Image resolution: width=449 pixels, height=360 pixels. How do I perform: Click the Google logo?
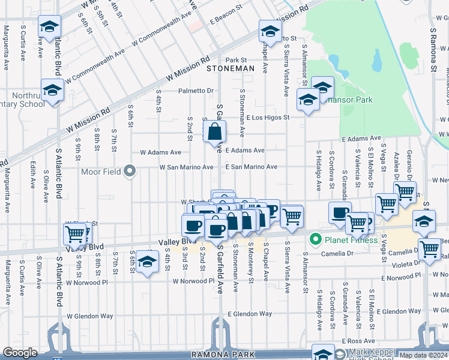tap(20, 353)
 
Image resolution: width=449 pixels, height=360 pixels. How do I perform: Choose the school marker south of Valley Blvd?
tap(146, 262)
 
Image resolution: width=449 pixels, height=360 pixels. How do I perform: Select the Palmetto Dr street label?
tap(196, 91)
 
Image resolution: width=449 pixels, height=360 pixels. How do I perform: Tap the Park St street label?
tap(237, 60)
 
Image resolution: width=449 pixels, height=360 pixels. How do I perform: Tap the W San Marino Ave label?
tap(186, 167)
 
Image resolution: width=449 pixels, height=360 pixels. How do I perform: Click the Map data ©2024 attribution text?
tap(423, 355)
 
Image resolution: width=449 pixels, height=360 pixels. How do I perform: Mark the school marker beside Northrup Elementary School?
tap(53, 91)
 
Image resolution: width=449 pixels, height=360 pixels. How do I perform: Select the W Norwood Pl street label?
tap(193, 281)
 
